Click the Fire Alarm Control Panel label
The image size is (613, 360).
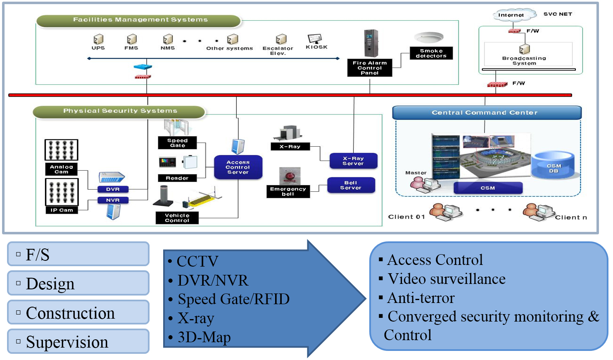[369, 68]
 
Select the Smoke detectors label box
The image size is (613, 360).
[431, 53]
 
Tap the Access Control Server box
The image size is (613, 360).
[238, 167]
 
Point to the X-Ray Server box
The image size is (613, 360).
[353, 161]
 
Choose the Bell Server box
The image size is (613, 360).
[351, 185]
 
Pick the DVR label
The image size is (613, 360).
[113, 189]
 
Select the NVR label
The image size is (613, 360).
[113, 200]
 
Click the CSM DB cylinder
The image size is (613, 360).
[554, 166]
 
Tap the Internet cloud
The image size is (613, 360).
[511, 15]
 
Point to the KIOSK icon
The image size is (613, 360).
[315, 39]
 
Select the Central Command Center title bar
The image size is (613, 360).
[487, 112]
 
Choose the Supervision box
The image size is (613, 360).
[78, 341]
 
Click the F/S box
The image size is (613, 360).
[78, 254]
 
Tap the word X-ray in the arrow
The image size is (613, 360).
[196, 318]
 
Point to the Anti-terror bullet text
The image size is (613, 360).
[421, 298]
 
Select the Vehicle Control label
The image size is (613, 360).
[177, 218]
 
